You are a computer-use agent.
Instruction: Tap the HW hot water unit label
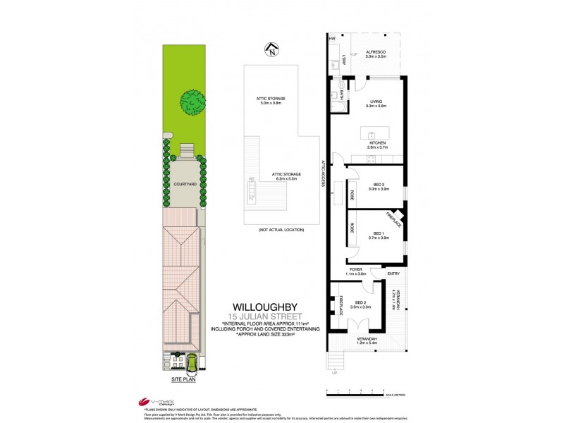coord(331,39)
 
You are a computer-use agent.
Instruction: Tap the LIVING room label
coord(377,103)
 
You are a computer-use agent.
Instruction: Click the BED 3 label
coord(379,185)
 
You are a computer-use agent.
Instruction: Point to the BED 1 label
coord(379,234)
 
